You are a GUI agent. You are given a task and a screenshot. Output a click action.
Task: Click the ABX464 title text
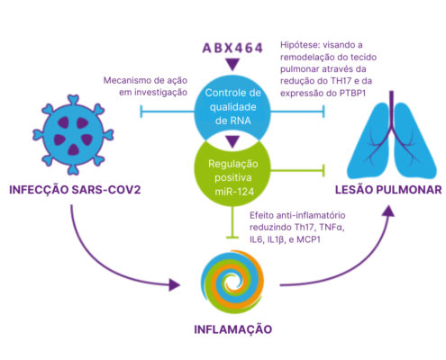tap(232, 48)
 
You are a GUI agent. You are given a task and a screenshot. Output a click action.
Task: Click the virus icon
tap(73, 135)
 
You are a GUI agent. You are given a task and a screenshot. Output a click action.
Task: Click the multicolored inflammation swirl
tap(232, 282)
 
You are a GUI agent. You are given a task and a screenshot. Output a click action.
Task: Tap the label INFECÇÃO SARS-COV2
tap(75, 190)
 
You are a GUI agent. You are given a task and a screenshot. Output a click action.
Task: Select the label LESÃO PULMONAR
tap(388, 190)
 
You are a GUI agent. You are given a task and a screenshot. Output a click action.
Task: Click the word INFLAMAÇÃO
tap(232, 329)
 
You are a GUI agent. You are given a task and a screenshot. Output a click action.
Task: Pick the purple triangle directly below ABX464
tap(232, 65)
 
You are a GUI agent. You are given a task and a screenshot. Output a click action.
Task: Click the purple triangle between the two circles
tap(232, 142)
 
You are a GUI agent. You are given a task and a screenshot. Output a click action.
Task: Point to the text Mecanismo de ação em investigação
tap(145, 86)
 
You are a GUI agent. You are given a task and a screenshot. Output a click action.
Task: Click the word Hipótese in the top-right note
tap(298, 45)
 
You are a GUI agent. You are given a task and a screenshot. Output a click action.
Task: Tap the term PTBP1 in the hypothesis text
tap(352, 94)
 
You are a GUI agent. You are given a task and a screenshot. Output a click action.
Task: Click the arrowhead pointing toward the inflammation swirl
tap(174, 284)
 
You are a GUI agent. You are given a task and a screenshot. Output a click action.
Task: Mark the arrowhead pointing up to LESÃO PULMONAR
tap(388, 211)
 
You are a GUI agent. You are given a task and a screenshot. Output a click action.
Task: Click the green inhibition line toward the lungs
tap(298, 171)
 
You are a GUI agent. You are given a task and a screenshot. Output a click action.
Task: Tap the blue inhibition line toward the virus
tap(168, 112)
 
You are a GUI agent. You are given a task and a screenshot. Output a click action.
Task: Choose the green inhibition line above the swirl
tap(232, 222)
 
